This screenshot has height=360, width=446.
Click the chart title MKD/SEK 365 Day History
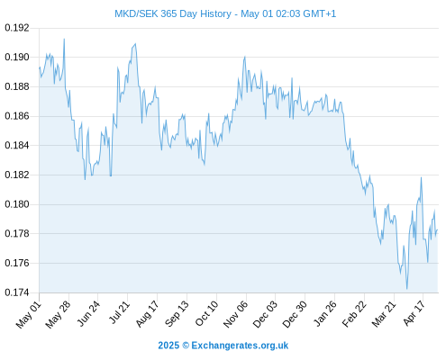(173, 13)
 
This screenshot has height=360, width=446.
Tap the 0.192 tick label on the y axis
(17, 28)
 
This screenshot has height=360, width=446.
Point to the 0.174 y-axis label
(17, 292)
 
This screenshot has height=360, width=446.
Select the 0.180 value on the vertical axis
(17, 204)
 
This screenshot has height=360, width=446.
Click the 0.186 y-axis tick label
(17, 116)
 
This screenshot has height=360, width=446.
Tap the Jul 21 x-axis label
(119, 312)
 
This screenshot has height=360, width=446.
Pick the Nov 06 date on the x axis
(236, 314)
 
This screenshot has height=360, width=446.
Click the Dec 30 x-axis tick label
(295, 314)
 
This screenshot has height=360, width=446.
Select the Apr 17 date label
(414, 313)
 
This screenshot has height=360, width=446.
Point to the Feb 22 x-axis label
(354, 314)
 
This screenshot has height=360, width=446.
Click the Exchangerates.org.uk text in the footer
(240, 346)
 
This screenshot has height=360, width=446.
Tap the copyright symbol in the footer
(186, 346)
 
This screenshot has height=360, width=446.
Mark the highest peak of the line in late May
(64, 39)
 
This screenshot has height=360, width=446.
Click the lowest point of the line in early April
(407, 289)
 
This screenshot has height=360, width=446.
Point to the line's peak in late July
(135, 44)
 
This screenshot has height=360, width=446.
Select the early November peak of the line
(245, 57)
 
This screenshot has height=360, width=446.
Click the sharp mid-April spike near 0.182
(421, 177)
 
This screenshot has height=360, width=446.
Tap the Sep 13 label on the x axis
(177, 314)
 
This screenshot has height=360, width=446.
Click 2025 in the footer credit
(168, 346)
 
